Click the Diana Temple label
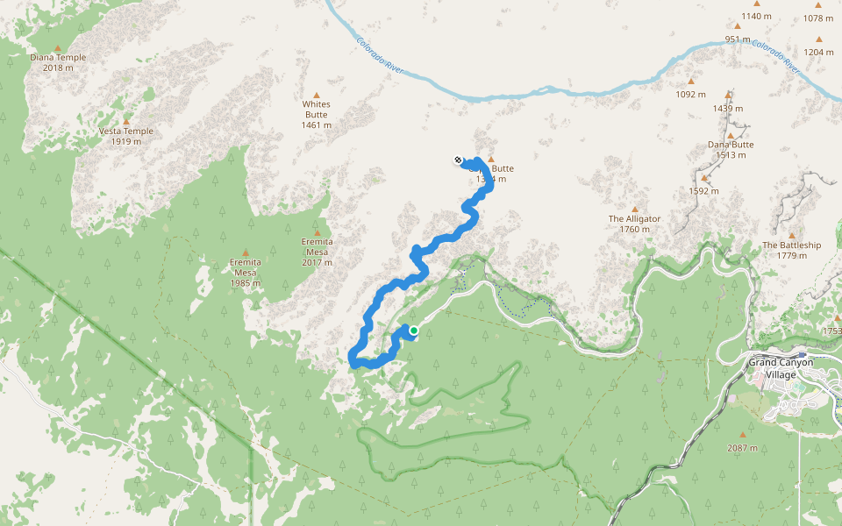[x=58, y=63]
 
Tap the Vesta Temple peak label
[x=126, y=137]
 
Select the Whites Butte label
[x=317, y=114]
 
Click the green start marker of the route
[x=413, y=331]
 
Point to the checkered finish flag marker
[x=458, y=160]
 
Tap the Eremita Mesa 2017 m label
[x=317, y=252]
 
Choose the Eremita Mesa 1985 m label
[x=246, y=273]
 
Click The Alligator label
[x=634, y=224]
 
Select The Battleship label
[x=791, y=250]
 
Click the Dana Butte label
[x=731, y=150]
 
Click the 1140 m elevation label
[x=756, y=17]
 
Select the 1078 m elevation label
[x=818, y=18]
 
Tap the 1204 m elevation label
[x=818, y=52]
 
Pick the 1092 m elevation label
[x=690, y=94]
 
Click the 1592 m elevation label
[x=703, y=190]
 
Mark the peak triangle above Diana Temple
[x=58, y=48]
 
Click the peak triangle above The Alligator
[x=635, y=209]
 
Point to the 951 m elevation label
[x=738, y=39]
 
